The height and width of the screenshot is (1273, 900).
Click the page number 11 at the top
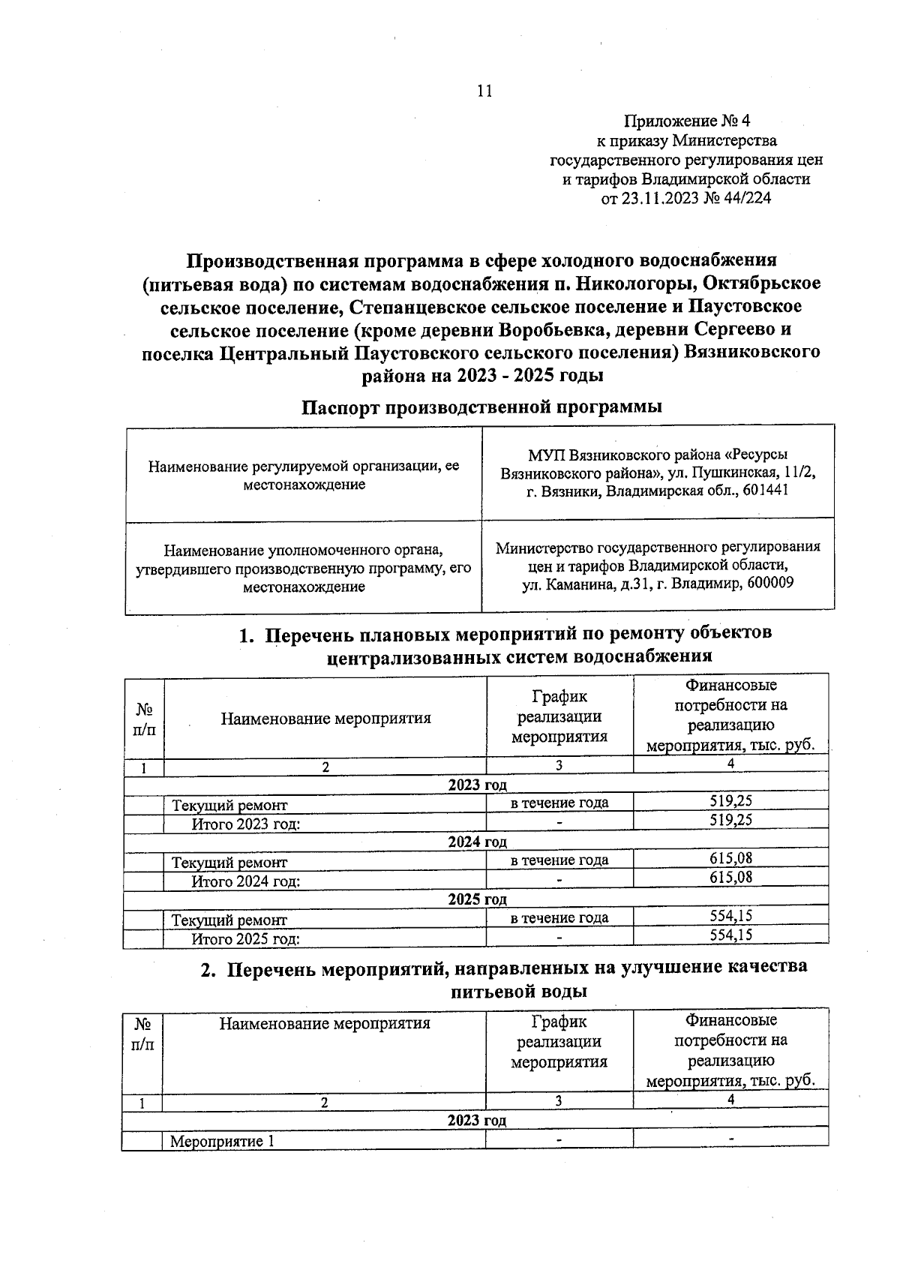click(484, 92)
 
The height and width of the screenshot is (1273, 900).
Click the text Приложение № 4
click(687, 121)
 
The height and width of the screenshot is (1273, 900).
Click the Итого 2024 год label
click(246, 881)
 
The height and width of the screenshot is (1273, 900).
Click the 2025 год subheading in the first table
click(477, 899)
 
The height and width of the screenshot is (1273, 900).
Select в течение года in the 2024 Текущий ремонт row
click(559, 860)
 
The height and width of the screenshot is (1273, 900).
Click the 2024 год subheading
click(477, 842)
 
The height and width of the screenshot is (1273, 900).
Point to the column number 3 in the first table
click(559, 766)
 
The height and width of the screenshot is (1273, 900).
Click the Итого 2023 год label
click(246, 824)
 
